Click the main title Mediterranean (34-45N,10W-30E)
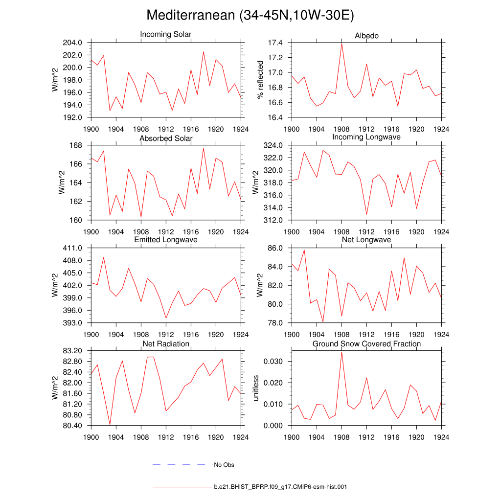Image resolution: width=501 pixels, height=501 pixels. [x=250, y=16]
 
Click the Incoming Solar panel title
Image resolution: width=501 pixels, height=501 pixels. [x=166, y=34]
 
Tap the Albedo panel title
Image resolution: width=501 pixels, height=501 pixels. [x=366, y=36]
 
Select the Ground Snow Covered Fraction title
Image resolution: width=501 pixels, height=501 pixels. [x=366, y=344]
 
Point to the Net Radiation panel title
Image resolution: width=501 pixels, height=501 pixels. [x=166, y=344]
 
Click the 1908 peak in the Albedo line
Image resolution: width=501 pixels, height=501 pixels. [x=342, y=44]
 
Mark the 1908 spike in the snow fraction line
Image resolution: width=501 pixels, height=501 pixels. [x=342, y=352]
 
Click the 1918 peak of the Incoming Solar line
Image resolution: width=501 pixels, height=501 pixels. [x=204, y=52]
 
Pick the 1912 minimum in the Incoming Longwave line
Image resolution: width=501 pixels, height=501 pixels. [x=366, y=214]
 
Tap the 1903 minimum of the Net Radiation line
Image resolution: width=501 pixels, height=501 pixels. [x=110, y=425]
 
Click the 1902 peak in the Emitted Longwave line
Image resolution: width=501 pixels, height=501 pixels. [x=104, y=257]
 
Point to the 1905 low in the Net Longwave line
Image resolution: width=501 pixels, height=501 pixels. [x=323, y=322]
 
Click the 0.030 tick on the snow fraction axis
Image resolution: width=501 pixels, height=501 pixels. [x=274, y=361]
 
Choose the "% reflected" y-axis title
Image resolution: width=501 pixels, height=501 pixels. [x=260, y=80]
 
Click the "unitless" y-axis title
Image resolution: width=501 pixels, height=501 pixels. [x=255, y=388]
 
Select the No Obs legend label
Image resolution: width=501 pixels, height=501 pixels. [x=224, y=465]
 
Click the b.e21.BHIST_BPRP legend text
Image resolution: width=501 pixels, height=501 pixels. [x=280, y=487]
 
